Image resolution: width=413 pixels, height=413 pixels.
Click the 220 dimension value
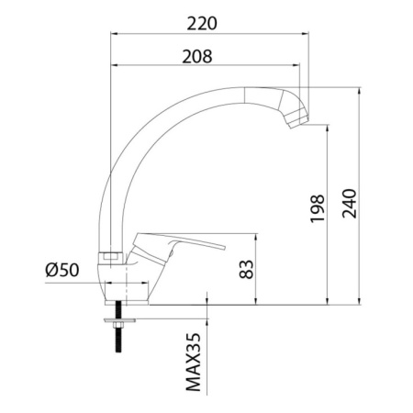tap(202, 24)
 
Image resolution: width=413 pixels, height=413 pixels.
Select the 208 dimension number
tap(197, 57)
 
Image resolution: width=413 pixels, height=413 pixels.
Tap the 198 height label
tap(317, 208)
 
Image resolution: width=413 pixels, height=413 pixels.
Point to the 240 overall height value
tap(350, 204)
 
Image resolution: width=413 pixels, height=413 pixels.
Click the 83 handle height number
tap(246, 269)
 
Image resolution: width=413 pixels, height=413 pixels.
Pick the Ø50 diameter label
tap(62, 270)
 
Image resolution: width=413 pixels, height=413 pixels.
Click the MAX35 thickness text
tap(194, 362)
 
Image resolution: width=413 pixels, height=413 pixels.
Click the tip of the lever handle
tap(223, 247)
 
